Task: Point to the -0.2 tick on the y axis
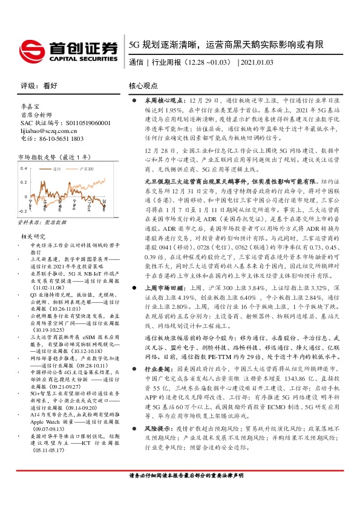22,211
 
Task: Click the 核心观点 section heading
143,86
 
